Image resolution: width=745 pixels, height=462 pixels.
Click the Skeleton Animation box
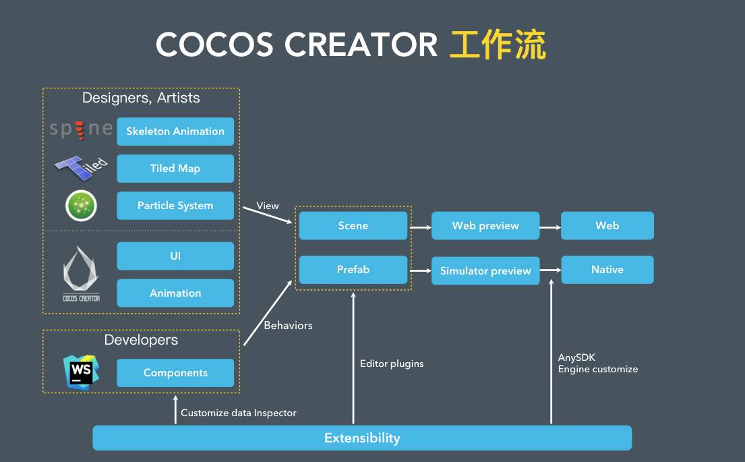coord(175,132)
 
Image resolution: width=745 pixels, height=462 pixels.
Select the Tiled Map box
coord(175,169)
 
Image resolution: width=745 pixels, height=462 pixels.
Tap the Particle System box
coord(175,206)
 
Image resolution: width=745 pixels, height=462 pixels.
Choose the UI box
coord(175,256)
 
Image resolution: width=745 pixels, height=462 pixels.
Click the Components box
coord(175,373)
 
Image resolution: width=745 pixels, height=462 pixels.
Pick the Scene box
coord(353,226)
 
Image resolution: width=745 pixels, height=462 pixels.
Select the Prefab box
coord(353,270)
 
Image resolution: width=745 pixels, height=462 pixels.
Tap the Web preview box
coord(485,226)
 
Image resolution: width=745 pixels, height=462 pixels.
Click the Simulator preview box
coord(485,271)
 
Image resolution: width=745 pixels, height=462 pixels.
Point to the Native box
coord(607,270)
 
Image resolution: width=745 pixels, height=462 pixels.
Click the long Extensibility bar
coord(362,438)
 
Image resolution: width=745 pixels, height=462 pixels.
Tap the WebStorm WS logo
coord(82,372)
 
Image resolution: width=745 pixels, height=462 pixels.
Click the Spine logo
coord(81,129)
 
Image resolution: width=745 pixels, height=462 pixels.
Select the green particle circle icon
coord(81,206)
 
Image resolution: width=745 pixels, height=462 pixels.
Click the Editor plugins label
coord(392,364)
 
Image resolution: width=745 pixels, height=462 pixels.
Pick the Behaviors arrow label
coord(288,325)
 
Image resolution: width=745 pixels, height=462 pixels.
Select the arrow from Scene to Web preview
coord(420,227)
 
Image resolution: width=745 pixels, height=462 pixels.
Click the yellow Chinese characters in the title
coord(498,45)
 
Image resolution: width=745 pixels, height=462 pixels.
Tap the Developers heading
coord(141,340)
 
